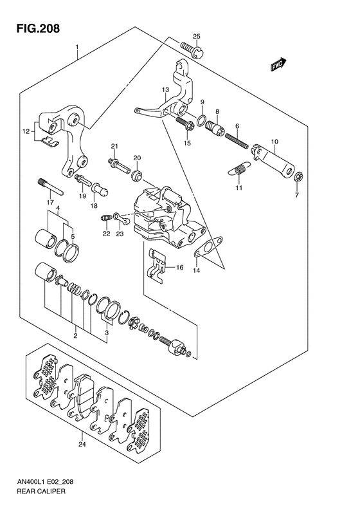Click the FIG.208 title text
point(39,28)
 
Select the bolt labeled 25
point(192,49)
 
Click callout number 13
point(165,89)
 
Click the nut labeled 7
point(300,177)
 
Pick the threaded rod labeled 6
point(237,141)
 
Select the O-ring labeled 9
point(201,120)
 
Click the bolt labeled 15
point(185,124)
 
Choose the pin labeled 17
point(51,187)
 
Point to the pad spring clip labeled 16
point(157,265)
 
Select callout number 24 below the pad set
point(82,444)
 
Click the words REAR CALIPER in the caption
point(41,491)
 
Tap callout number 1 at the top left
point(77,48)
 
